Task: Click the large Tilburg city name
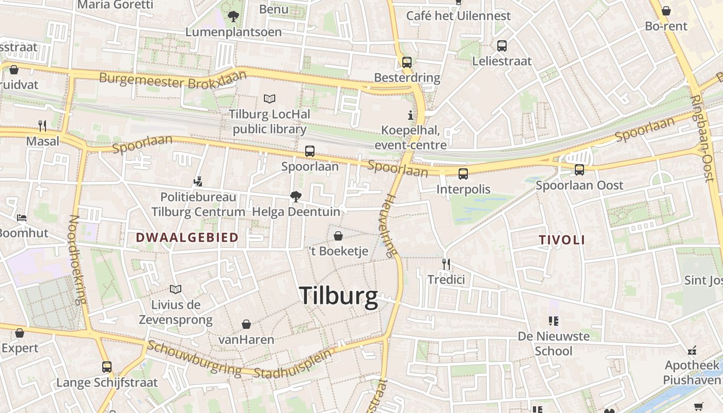[338, 297]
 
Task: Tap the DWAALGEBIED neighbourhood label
[187, 237]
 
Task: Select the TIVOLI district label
[562, 240]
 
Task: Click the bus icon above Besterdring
[407, 62]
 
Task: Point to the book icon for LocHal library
[269, 98]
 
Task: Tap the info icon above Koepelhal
[411, 115]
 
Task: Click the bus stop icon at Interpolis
[463, 173]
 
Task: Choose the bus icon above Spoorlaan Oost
[579, 169]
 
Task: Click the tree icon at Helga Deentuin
[296, 196]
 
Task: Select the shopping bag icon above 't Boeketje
[338, 236]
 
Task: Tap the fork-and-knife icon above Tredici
[446, 264]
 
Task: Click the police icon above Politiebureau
[198, 181]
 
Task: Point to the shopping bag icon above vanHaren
[246, 324]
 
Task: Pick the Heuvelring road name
[390, 225]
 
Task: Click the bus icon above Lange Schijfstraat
[107, 367]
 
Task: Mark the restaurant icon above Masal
[42, 125]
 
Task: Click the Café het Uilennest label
[458, 16]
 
